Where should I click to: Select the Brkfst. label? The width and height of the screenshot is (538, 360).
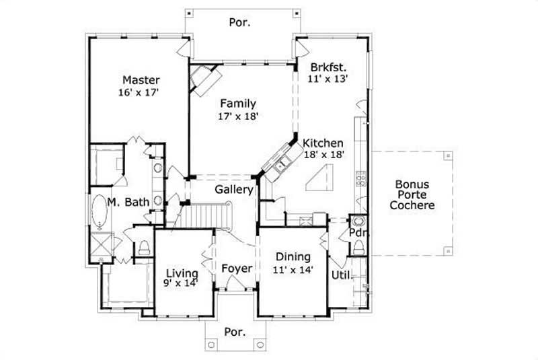329,67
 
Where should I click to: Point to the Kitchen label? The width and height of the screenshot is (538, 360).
323,143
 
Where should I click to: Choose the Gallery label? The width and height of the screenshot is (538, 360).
233,190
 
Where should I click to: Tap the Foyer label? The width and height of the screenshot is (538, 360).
237,268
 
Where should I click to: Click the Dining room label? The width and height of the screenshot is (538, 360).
293,256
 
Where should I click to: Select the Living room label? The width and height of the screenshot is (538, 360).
182,273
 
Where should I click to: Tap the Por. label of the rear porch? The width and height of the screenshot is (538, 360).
241,22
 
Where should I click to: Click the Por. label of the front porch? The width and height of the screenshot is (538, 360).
234,332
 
